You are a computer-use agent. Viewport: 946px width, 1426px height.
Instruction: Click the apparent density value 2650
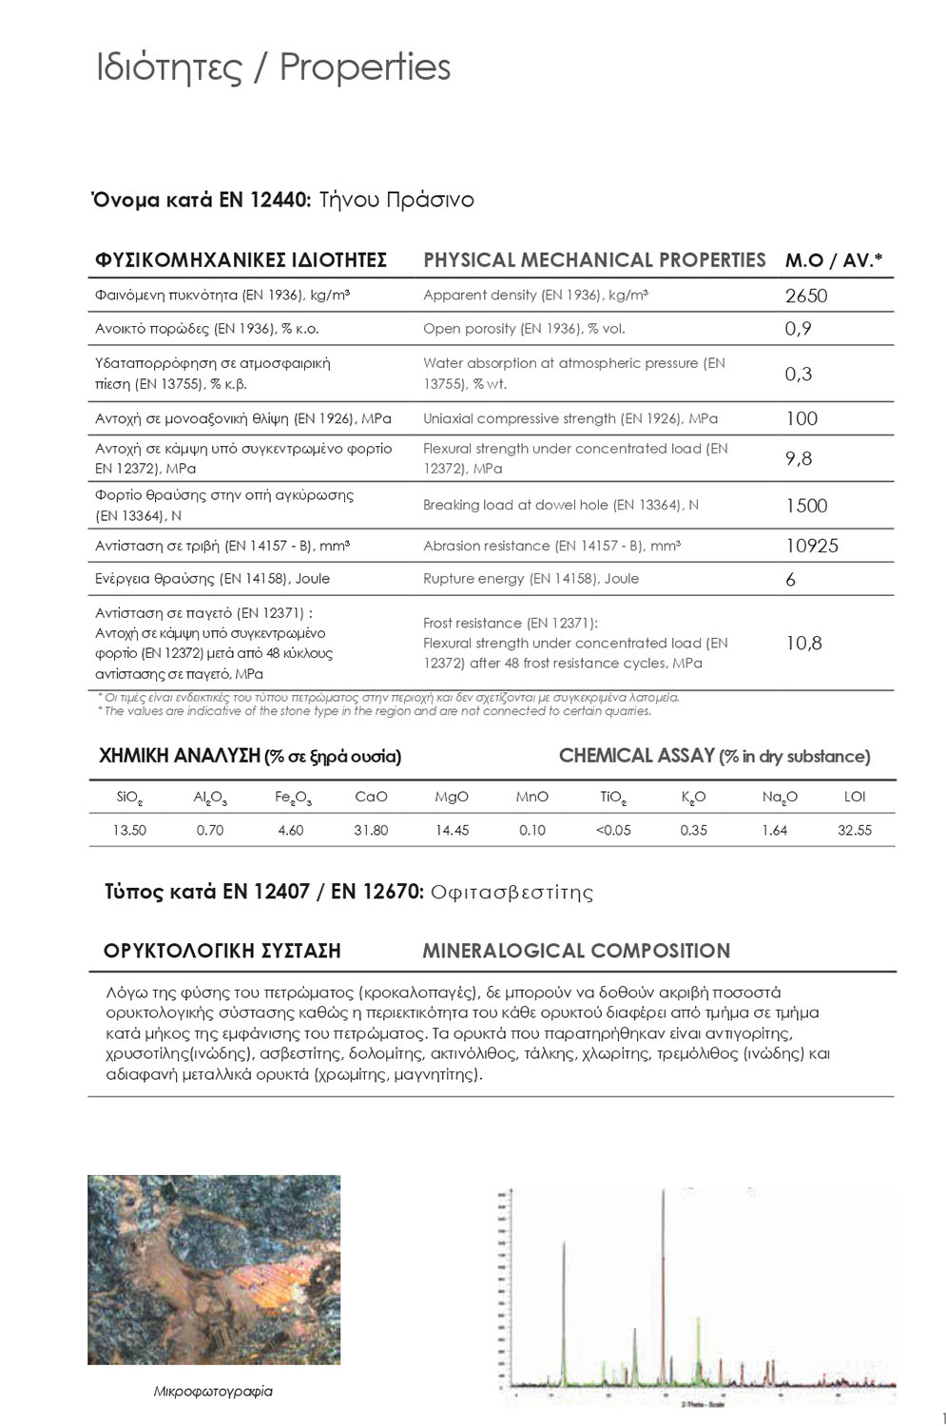[x=806, y=296]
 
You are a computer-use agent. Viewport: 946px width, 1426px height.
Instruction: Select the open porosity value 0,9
[x=798, y=329]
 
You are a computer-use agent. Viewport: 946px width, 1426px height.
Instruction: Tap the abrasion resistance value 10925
[x=811, y=546]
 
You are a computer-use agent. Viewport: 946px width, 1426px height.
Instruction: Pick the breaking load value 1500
[x=806, y=506]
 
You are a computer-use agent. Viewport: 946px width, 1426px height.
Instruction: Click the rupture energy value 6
[x=791, y=579]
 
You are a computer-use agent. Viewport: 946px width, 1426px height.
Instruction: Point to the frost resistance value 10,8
[x=803, y=644]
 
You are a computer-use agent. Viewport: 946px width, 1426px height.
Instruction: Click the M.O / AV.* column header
[x=834, y=260]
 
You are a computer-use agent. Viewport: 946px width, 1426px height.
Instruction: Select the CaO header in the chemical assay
[x=371, y=797]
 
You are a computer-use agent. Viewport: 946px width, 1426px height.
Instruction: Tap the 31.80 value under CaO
[x=371, y=830]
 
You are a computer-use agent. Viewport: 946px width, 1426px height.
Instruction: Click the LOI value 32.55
[x=854, y=830]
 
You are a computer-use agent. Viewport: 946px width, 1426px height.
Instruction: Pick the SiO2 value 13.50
[x=129, y=830]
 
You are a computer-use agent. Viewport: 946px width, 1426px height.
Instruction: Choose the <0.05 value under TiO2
[x=613, y=830]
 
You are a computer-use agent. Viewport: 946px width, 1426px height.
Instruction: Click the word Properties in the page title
[x=365, y=67]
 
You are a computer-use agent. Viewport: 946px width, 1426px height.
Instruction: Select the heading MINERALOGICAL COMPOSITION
[x=576, y=951]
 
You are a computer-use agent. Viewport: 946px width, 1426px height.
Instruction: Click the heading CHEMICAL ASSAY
[x=636, y=756]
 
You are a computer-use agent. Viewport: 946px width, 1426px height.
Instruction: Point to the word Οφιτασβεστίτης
[x=512, y=892]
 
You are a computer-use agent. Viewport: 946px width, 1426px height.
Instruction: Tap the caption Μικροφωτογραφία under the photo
[x=213, y=1391]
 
